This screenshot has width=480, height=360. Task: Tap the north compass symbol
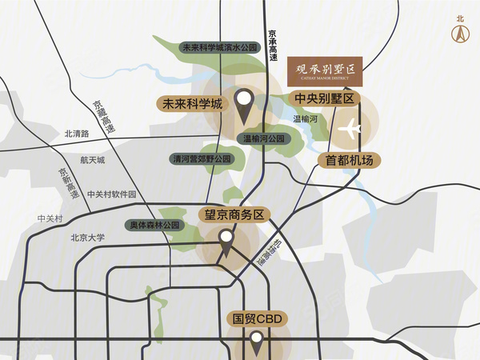460,33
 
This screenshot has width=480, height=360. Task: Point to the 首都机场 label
349,160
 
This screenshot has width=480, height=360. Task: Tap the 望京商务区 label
230,214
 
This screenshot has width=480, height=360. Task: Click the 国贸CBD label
255,318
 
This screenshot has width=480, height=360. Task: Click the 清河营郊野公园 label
201,159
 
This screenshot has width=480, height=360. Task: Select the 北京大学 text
87,237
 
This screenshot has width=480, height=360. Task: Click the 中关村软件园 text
112,194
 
